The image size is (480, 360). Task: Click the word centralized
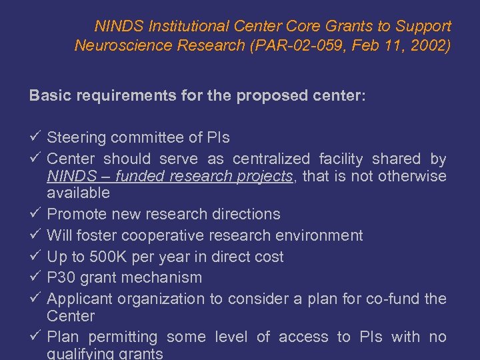click(x=271, y=159)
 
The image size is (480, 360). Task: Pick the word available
click(x=78, y=193)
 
